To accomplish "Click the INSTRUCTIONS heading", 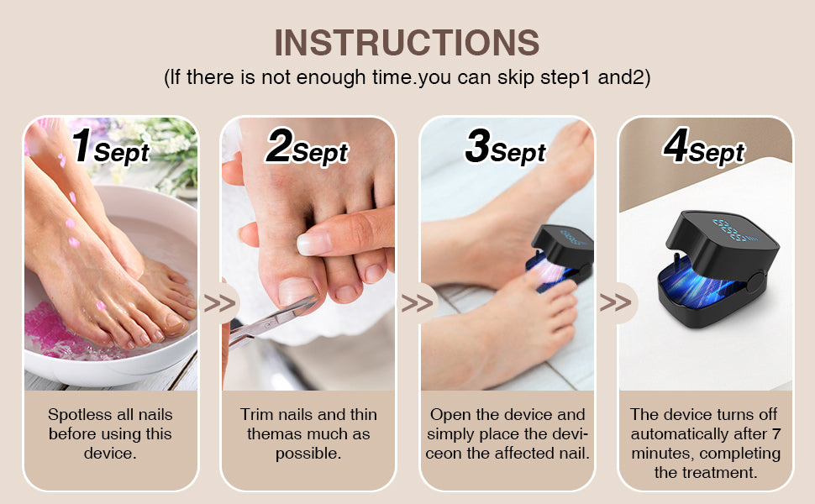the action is (407, 42).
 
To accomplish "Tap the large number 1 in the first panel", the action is (82, 145).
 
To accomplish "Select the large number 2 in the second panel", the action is (280, 145).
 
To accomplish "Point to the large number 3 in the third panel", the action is (478, 145).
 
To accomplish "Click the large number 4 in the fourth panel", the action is (676, 145).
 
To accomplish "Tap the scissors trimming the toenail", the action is (271, 323).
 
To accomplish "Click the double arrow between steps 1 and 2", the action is (219, 303).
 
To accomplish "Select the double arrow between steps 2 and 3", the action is (418, 303).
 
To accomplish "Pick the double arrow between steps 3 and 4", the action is (615, 303).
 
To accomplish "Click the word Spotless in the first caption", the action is (80, 415).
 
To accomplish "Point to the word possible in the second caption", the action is (308, 454).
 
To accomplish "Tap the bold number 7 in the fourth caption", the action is (776, 433).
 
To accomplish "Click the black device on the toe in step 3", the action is (561, 255).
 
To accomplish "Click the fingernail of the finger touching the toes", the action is (314, 243).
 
